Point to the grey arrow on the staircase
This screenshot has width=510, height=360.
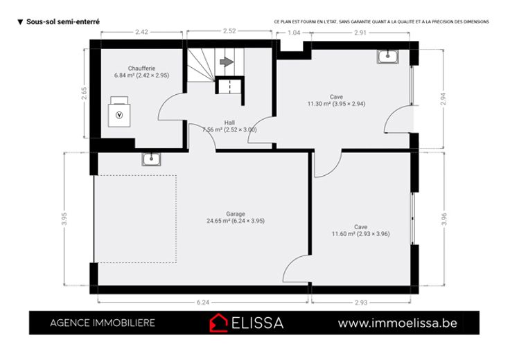tap(227, 62)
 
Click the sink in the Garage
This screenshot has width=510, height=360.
tap(151, 159)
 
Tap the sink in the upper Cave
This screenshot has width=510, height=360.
tap(388, 57)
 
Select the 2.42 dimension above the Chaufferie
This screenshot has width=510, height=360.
tap(141, 32)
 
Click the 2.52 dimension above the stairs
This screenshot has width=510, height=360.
tap(229, 31)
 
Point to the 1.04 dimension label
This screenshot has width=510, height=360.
tap(294, 33)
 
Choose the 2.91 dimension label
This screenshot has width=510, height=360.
tap(360, 33)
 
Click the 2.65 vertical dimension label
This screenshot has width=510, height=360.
tap(85, 93)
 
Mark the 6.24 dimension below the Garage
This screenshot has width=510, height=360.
tap(203, 303)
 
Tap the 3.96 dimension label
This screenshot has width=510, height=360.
tap(444, 219)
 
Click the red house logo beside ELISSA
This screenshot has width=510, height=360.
tap(218, 323)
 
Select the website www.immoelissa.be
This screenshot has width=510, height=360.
tap(398, 323)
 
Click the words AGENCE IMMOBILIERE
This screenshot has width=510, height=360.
tap(103, 323)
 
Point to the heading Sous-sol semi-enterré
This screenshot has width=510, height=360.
tap(63, 21)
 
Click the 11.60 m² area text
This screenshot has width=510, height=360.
tap(343, 234)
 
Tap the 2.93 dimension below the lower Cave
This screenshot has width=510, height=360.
tap(361, 303)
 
